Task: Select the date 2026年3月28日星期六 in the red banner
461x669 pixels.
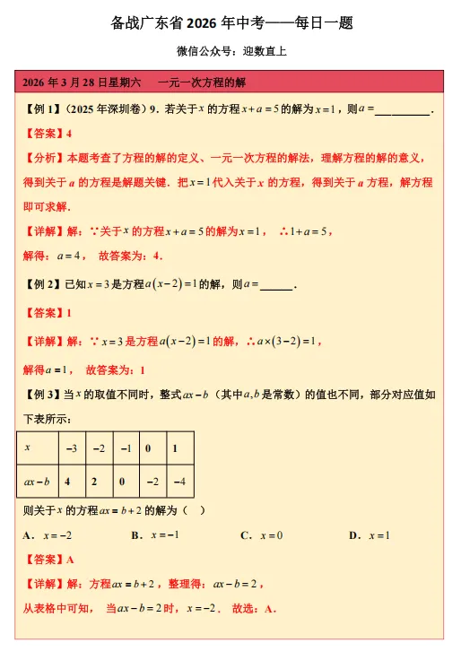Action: (82, 83)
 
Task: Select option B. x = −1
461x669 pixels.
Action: (155, 535)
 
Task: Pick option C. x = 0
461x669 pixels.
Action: (262, 535)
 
